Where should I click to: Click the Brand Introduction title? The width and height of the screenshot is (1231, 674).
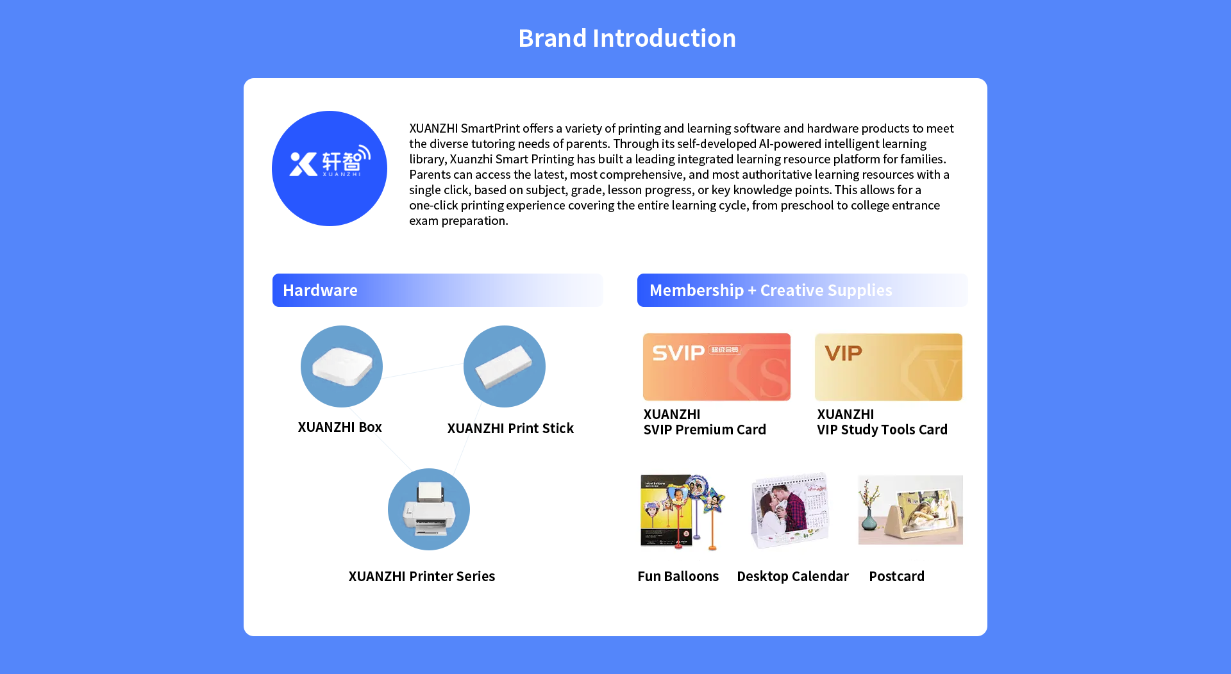coord(627,38)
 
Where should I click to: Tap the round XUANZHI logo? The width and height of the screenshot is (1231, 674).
coord(330,168)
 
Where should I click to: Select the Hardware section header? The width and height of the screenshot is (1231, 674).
coord(438,290)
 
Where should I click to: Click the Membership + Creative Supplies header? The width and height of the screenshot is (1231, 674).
coord(802,290)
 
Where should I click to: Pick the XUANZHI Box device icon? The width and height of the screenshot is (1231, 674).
coord(342,366)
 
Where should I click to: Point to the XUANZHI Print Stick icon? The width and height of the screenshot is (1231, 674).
coord(505,366)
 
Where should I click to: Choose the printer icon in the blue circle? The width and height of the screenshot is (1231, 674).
coord(429,509)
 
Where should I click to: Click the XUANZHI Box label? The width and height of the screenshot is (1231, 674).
coord(340,427)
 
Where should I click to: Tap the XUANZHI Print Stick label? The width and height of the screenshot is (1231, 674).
coord(510,429)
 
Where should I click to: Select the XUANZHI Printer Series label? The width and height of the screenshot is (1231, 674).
coord(422,577)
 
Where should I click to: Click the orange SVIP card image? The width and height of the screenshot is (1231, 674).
coord(717,367)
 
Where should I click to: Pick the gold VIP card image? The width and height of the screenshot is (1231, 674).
coord(889,367)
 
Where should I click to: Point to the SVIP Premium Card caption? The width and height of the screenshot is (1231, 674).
coord(705,422)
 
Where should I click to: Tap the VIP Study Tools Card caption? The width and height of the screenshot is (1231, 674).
coord(882,422)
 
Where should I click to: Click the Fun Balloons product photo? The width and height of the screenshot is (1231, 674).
coord(683,512)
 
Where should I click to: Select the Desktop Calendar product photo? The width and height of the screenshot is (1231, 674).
coord(791,511)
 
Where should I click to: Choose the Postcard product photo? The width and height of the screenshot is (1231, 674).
coord(910,510)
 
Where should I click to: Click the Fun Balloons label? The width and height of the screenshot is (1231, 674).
coord(678,577)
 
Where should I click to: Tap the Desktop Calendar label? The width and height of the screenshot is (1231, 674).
coord(793,577)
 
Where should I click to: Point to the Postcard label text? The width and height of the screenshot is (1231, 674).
coord(897,577)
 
